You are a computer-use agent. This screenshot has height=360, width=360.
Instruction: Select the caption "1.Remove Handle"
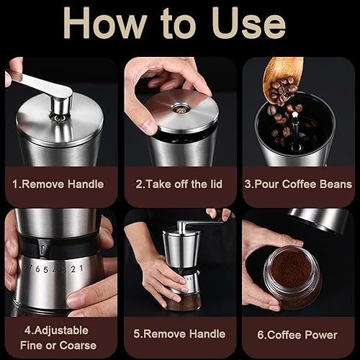pyautogui.click(x=58, y=184)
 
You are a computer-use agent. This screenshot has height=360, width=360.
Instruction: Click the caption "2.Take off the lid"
pyautogui.click(x=179, y=184)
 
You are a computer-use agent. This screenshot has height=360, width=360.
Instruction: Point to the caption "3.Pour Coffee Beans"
pyautogui.click(x=299, y=184)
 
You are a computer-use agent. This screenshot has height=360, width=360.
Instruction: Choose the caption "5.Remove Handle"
pyautogui.click(x=179, y=334)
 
